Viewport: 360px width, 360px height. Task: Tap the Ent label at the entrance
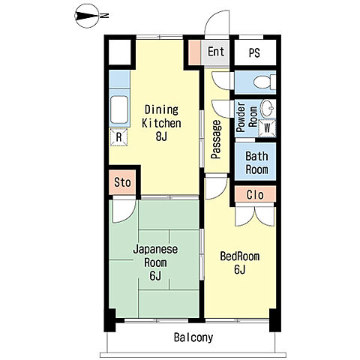point(216,52)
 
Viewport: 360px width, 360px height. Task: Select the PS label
point(254,52)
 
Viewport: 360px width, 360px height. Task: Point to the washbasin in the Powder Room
point(268,109)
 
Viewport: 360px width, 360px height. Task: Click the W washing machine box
point(267,128)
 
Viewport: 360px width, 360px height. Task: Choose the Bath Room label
point(256,163)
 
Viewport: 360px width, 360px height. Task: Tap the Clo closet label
point(255,195)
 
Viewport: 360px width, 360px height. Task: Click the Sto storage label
point(122,182)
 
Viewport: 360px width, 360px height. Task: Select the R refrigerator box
point(118,137)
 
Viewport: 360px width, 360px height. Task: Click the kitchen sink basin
point(119,109)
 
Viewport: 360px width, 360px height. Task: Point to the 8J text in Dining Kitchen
point(161,136)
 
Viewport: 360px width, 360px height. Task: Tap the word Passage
point(216,139)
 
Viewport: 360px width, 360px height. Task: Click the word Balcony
point(193,337)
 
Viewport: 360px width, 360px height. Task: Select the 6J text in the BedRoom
point(239,269)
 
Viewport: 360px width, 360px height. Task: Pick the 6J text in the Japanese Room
point(155,275)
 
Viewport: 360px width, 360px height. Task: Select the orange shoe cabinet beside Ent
point(194,52)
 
